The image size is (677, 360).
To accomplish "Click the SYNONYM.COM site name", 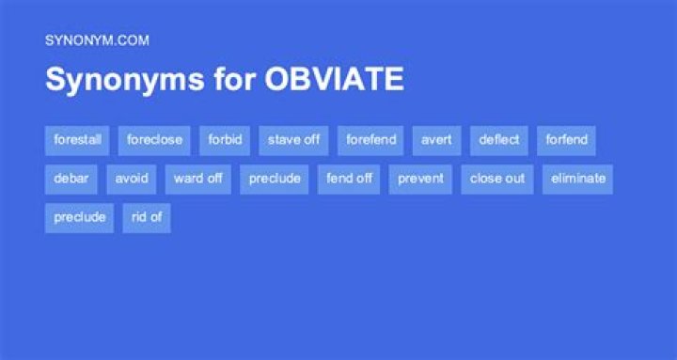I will pos(97,40).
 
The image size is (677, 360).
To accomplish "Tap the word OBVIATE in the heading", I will pos(334,80).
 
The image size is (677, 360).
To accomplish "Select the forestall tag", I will pos(77,140).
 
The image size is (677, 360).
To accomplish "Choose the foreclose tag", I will pos(154,140).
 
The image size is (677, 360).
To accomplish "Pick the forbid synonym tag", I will pos(225,140).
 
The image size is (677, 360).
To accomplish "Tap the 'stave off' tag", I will pos(293,140).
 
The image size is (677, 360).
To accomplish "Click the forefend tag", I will pos(370,140).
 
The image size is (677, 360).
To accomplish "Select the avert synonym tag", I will pos(436,140).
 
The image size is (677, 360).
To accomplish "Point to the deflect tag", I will pos(498,140).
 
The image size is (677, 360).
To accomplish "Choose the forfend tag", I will pos(566,140).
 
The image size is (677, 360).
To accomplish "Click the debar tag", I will pos(71,179).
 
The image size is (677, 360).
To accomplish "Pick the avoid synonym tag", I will pos(131,179).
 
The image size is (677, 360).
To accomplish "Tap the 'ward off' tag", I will pos(197,179).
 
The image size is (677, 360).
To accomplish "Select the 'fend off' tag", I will pos(350,179).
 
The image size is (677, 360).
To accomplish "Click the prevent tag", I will pos(420,179).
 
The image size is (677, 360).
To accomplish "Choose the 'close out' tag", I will pos(497,179).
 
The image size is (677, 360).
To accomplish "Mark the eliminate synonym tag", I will pos(577,179).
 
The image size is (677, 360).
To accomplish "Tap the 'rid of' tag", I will pos(147,217).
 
